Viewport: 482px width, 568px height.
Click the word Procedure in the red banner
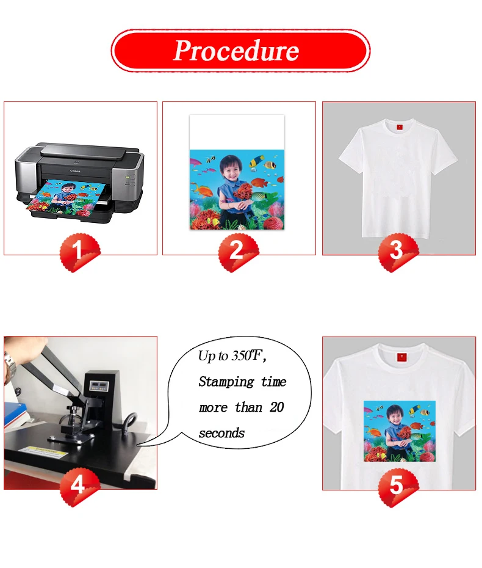(236, 51)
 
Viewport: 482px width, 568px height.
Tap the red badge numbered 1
(80, 252)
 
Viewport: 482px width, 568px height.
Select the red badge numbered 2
(239, 252)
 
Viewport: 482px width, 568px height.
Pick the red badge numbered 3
(398, 252)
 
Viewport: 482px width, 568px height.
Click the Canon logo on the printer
(75, 171)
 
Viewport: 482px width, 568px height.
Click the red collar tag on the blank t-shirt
(400, 127)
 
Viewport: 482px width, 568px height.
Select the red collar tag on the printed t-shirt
(401, 357)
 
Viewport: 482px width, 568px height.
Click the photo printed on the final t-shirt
(400, 431)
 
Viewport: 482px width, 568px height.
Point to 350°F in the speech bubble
(246, 355)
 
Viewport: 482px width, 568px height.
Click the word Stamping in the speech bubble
(226, 382)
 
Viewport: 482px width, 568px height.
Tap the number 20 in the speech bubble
(276, 407)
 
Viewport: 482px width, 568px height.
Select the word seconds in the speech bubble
(221, 433)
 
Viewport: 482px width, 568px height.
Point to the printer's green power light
(127, 177)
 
